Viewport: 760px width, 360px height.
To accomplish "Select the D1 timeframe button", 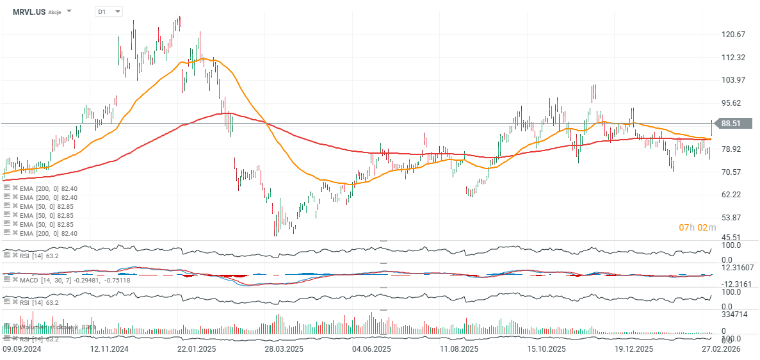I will coord(102,12).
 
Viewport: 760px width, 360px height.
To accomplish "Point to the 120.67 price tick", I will coord(732,34).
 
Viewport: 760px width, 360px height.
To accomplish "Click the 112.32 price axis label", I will coord(732,57).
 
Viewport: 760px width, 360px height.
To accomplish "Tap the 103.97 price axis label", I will coord(732,80).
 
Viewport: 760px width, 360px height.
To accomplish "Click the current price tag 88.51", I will coord(731,124).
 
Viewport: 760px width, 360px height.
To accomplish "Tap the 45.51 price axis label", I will coord(731,237).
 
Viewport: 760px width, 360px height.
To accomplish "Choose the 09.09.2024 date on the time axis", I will coord(22,349).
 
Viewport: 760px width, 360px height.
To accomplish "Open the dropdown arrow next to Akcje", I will coord(69,12).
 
